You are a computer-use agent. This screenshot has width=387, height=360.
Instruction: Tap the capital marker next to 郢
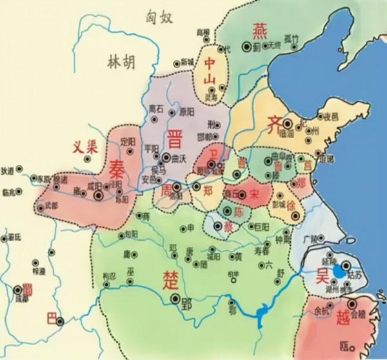point(175,299)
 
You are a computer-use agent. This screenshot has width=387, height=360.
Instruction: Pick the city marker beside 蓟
point(246,46)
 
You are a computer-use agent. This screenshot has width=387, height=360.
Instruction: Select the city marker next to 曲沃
point(166,157)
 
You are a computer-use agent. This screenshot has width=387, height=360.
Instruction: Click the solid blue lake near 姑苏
point(339,272)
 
